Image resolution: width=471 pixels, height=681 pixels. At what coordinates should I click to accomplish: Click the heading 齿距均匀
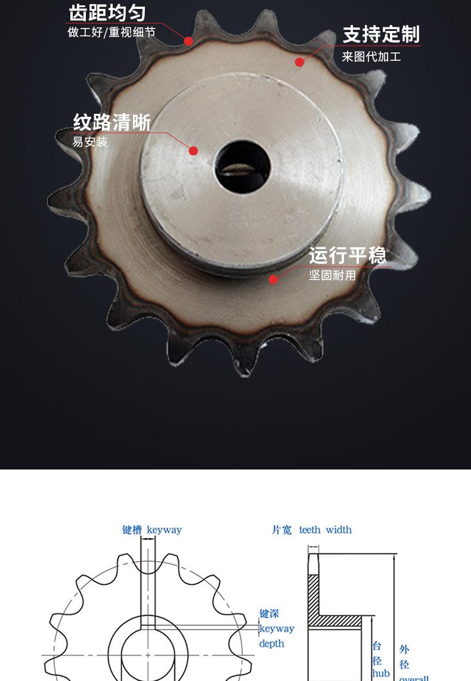coord(107,13)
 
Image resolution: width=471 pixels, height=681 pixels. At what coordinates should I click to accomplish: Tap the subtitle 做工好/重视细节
coord(111,32)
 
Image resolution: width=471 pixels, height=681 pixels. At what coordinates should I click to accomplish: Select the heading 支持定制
coord(381,35)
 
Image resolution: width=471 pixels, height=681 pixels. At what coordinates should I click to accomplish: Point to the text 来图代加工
coord(371,57)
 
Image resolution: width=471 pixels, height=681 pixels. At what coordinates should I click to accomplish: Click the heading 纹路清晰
coord(111,122)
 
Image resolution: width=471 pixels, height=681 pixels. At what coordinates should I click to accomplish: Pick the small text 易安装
coord(89,142)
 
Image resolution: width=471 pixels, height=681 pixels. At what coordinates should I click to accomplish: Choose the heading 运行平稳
coord(348,255)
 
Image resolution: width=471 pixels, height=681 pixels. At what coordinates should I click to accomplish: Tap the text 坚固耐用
coord(333,275)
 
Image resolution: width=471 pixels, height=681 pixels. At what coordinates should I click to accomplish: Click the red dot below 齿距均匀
coord(188,41)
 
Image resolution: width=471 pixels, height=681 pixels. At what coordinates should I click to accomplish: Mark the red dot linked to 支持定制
coord(299,62)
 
